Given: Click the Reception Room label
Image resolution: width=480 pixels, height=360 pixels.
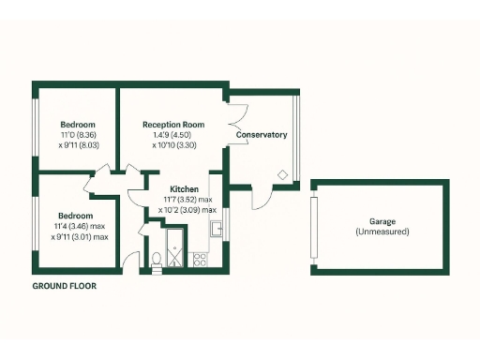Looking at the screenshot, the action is tap(173, 125).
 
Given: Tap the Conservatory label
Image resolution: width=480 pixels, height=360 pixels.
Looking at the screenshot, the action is tap(262, 135).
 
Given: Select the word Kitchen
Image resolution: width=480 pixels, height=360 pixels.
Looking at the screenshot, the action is tap(185, 189).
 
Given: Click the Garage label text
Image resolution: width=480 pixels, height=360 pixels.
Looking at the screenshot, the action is tap(382, 221).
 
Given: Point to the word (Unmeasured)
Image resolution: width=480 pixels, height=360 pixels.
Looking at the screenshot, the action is tap(382, 231).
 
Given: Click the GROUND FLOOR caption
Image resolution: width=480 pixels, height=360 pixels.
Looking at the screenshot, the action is tap(64, 285).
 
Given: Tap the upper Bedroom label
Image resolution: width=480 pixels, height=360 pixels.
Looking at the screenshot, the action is tap(78, 125).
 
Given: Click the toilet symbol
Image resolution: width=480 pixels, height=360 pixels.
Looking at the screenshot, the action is tap(154, 260).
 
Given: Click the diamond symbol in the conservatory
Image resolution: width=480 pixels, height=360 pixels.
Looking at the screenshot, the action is tap(282, 172).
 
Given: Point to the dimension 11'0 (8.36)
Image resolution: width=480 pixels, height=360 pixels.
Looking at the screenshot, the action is tap(78, 135).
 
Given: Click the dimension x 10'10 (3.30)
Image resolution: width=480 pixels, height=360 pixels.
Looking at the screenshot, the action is tap(173, 145).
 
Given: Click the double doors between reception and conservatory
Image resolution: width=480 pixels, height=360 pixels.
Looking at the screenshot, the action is tap(236, 121).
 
